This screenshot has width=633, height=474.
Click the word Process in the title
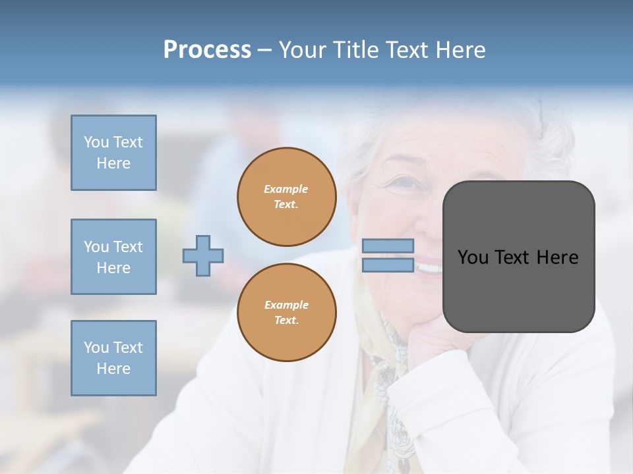[207, 49]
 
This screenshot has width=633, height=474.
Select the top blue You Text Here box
[113, 153]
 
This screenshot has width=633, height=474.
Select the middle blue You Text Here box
[113, 257]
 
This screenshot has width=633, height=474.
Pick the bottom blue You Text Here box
[113, 358]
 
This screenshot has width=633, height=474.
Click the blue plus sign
[203, 255]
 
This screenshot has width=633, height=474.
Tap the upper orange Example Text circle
[287, 197]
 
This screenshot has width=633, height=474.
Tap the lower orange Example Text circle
[287, 313]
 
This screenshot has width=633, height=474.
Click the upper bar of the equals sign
[388, 246]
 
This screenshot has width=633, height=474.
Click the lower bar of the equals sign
[388, 265]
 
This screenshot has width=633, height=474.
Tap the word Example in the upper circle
[286, 189]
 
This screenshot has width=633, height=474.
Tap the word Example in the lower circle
[286, 305]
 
